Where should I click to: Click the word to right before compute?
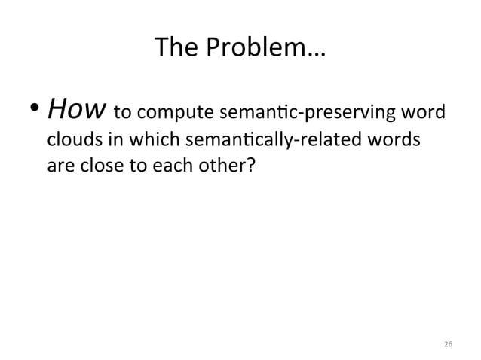pyautogui.click(x=123, y=114)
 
